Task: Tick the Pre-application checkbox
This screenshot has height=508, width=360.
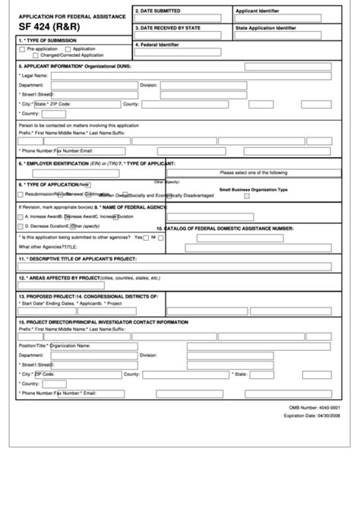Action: tap(22, 49)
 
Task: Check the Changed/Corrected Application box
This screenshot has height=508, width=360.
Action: tap(36, 55)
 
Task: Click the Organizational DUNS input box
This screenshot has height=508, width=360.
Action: tap(288, 67)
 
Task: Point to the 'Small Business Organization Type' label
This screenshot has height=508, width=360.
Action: tap(254, 189)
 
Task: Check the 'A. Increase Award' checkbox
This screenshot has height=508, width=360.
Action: tap(20, 216)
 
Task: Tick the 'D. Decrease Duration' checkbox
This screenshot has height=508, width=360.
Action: tap(20, 226)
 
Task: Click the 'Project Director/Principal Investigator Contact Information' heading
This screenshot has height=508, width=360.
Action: tap(103, 322)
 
